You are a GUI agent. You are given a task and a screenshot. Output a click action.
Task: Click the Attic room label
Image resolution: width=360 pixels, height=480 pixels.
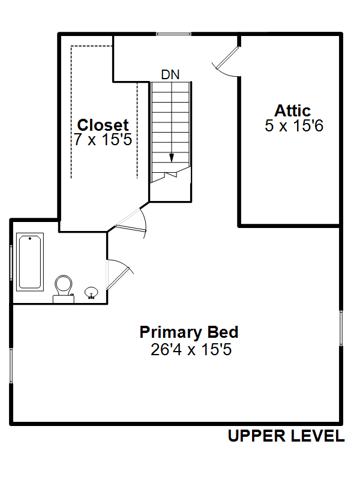point(292,110)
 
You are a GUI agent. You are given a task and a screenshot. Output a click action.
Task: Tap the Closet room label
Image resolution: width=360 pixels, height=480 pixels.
point(103,125)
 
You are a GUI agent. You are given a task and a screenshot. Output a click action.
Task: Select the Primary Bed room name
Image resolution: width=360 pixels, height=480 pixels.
point(189,332)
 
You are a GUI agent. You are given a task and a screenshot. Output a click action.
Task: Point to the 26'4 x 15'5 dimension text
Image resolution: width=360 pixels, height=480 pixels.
point(191,349)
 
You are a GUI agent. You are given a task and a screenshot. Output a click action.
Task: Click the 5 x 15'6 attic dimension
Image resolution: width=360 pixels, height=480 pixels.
point(294,125)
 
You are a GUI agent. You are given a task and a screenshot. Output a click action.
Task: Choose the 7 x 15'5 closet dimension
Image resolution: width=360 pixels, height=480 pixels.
point(103,139)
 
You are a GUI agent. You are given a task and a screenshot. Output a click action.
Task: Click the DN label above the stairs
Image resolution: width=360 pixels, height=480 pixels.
point(170,74)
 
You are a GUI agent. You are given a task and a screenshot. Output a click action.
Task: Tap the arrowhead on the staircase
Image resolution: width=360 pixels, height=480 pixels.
point(172,158)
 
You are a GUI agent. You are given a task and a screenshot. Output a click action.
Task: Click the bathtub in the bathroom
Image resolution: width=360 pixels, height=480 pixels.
point(29,262)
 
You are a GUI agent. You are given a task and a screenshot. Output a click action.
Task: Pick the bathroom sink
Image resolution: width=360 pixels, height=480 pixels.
point(91,293)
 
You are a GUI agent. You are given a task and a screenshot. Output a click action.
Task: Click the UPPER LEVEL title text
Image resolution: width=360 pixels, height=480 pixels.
point(286,436)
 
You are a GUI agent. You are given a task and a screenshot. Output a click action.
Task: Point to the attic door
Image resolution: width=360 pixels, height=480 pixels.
point(227,58)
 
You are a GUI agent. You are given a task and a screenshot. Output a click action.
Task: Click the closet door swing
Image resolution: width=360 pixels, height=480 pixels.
point(130,223)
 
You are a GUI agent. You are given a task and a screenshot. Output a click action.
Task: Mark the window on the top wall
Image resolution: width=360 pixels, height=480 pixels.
point(173,34)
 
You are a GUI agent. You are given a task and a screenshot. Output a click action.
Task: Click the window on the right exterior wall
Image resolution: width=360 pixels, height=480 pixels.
point(341,328)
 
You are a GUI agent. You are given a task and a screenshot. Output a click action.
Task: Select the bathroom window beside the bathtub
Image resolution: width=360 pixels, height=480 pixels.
point(11,262)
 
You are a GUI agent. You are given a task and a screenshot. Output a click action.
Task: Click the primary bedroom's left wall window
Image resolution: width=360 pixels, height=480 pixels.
point(11,365)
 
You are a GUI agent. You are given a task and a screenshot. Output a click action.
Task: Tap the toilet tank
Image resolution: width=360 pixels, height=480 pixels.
point(64,299)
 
